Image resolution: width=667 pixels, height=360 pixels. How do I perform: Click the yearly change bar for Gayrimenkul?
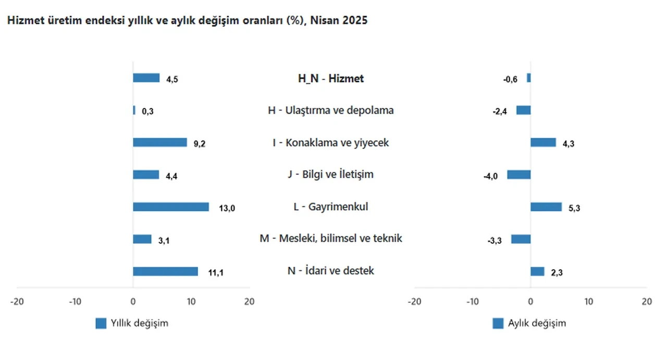point(170,207)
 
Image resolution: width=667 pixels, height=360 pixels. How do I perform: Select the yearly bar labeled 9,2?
point(159,142)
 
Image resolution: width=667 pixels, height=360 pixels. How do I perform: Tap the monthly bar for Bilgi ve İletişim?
point(519,175)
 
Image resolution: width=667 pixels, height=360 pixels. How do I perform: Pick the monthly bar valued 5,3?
point(546,207)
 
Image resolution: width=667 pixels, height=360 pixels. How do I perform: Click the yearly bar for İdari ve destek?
point(165,271)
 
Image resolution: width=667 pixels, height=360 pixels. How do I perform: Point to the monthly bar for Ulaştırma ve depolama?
point(524,110)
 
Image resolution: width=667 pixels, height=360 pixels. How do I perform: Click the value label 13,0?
point(227,208)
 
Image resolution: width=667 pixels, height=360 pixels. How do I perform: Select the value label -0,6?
point(510,79)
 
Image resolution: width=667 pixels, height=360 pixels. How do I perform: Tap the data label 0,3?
point(147,111)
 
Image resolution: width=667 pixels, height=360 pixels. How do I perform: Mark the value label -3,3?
point(494,241)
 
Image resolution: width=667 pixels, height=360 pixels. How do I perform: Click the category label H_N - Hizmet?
point(331,79)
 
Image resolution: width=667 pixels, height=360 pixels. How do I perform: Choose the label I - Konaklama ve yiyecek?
point(331,142)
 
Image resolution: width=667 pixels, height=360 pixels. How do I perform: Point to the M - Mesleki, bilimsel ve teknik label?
point(331,239)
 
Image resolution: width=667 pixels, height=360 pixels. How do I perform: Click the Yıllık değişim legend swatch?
point(101,324)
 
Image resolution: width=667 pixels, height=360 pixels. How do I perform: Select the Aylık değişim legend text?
point(537,323)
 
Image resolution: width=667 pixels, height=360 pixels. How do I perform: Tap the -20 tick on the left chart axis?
point(17,302)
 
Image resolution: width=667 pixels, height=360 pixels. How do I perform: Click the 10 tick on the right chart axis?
point(588,302)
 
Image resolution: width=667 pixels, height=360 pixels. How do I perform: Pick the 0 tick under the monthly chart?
point(530,302)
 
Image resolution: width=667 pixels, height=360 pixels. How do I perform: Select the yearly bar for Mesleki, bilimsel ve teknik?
point(142,239)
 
